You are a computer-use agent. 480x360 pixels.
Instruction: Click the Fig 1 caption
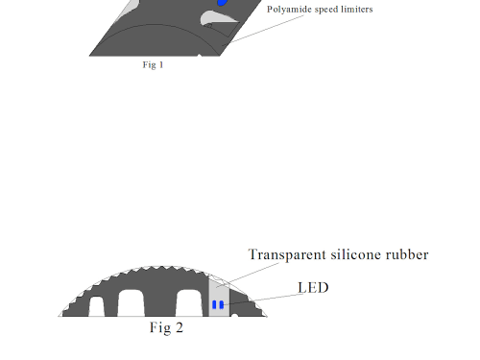[x=153, y=65]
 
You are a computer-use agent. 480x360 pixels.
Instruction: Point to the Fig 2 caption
[x=166, y=328]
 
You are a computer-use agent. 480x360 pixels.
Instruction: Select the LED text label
[x=313, y=288]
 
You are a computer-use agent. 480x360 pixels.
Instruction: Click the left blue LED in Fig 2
[x=214, y=304]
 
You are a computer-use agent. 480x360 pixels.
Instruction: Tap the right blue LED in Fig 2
[x=222, y=305]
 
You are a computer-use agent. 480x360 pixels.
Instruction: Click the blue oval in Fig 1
[x=222, y=2]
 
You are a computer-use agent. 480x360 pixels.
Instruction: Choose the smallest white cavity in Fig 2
[x=96, y=306]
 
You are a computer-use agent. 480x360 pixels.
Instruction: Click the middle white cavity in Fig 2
[x=132, y=303]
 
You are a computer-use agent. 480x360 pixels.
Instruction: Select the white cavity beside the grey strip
[x=189, y=303]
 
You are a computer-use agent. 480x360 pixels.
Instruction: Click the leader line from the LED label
[x=263, y=300]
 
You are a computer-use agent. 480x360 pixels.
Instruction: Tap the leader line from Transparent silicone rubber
[x=247, y=276]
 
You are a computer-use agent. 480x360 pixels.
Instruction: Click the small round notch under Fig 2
[x=234, y=316]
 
